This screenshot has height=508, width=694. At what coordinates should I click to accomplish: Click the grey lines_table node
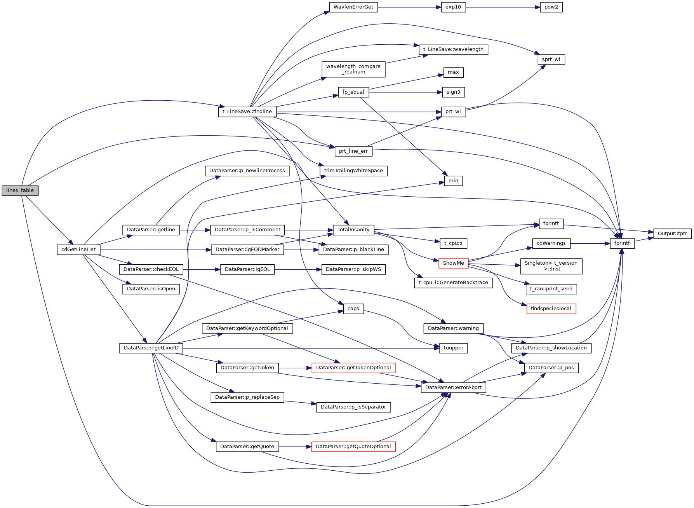(x=20, y=190)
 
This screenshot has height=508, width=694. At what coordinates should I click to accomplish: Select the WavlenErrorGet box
(x=353, y=7)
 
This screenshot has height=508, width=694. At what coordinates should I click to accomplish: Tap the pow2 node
(x=551, y=7)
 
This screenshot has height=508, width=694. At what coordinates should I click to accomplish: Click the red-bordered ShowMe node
(x=453, y=263)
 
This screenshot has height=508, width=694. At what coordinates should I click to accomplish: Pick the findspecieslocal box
(x=551, y=309)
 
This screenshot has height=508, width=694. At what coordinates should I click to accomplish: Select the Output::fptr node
(x=672, y=234)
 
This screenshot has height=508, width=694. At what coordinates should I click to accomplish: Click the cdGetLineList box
(x=78, y=250)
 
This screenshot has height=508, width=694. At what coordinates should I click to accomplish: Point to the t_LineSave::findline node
(x=247, y=112)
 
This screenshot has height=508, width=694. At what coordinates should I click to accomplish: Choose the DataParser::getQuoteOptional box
(x=353, y=447)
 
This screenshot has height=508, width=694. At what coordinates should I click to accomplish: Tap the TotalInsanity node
(x=353, y=230)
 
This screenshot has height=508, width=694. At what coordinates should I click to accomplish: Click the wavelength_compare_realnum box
(x=353, y=69)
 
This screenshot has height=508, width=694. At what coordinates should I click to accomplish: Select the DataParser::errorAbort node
(x=453, y=388)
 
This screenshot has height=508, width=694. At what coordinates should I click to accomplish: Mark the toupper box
(x=453, y=348)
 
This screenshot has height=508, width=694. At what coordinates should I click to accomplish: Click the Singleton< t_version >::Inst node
(x=551, y=266)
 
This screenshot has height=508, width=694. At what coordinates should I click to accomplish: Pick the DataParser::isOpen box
(x=151, y=289)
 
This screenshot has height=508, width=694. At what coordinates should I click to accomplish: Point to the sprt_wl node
(x=551, y=59)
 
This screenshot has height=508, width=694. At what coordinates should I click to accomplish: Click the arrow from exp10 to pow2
(x=503, y=7)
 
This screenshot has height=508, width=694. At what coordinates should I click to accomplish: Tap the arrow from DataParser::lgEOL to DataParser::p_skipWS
(x=298, y=269)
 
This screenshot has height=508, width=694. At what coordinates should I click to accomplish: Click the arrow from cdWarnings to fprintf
(x=590, y=244)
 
